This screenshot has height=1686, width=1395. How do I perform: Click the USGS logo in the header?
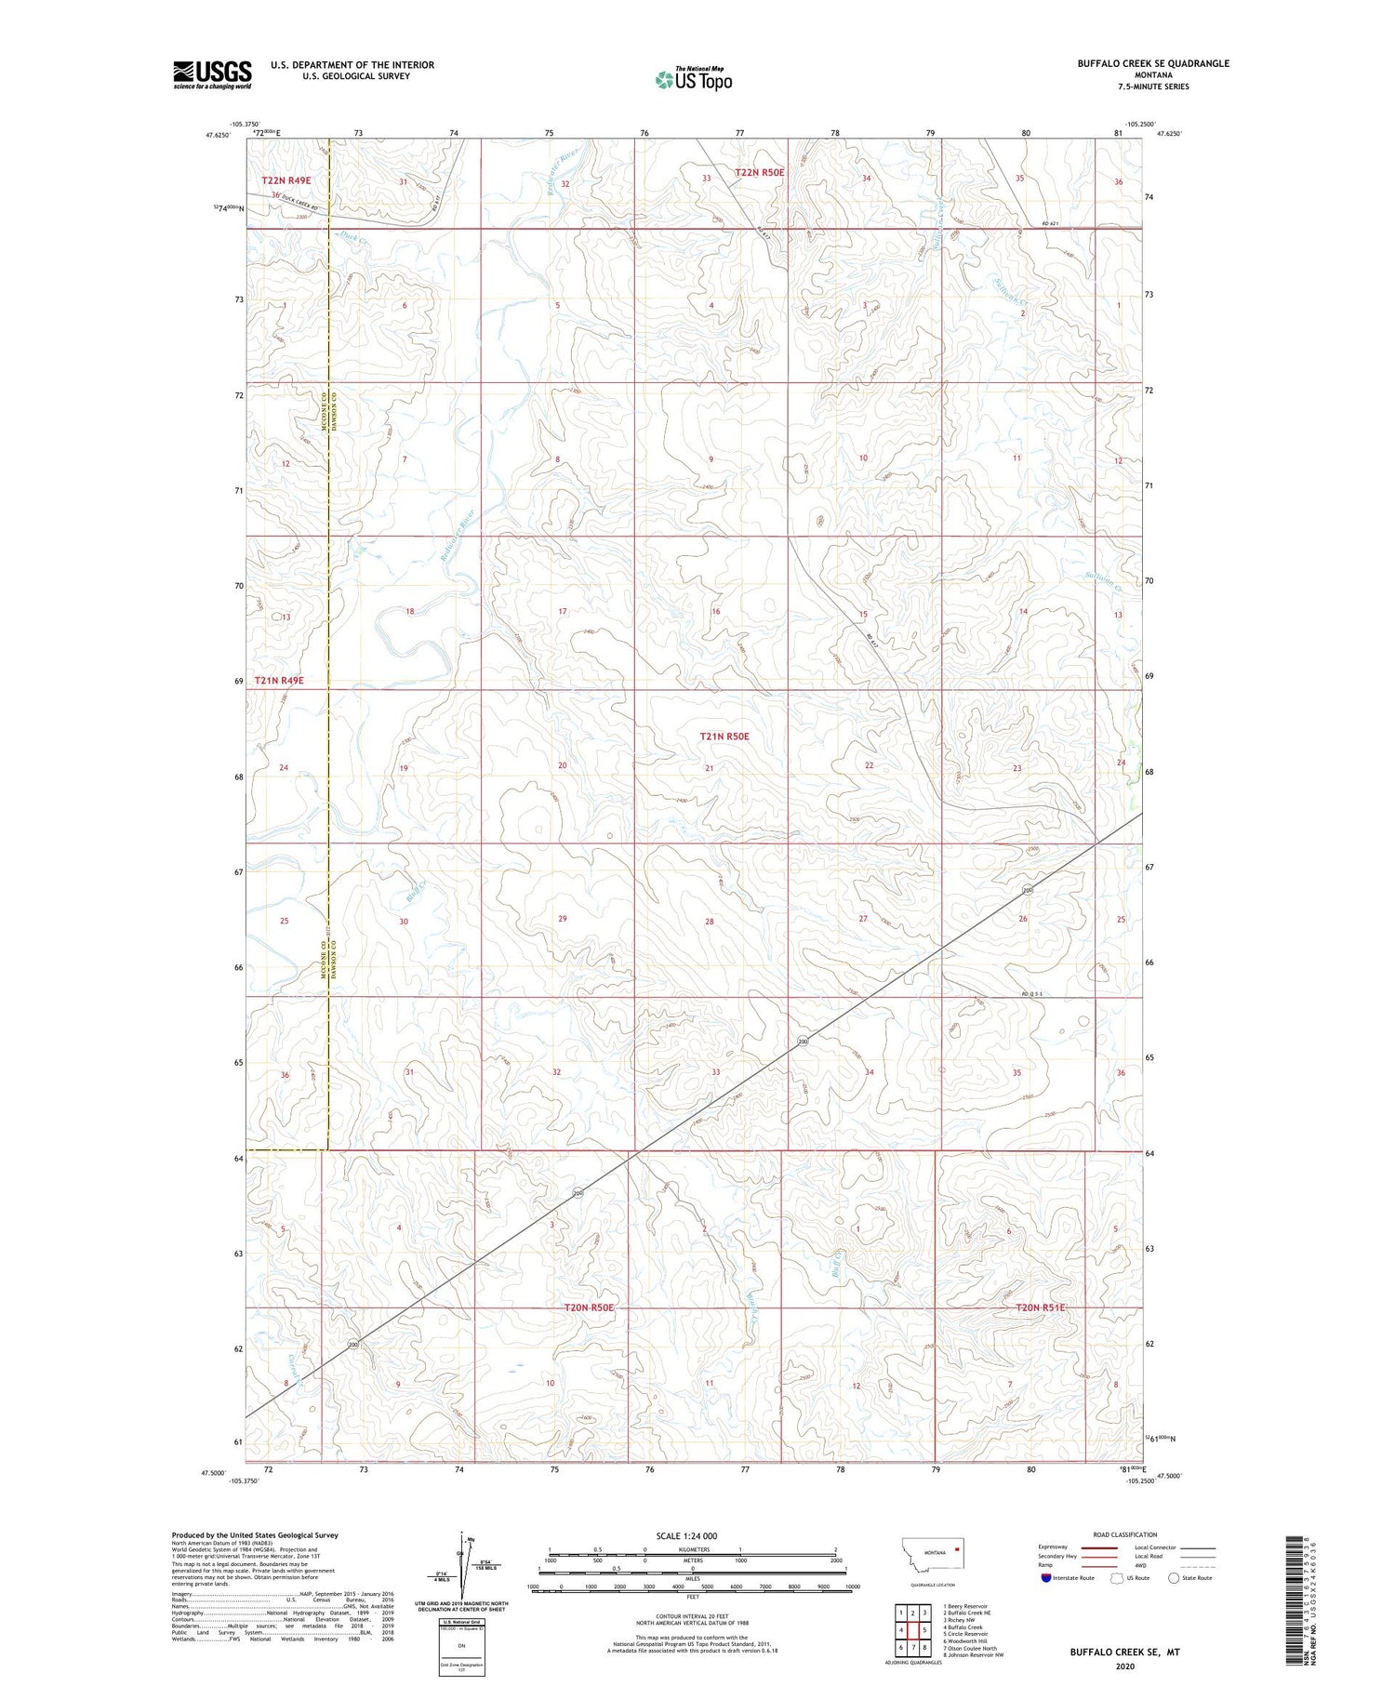(x=212, y=74)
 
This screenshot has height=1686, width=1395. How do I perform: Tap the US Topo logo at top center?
(x=693, y=80)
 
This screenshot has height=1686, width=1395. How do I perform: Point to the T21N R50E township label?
(x=724, y=737)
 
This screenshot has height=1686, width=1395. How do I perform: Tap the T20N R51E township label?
(x=1040, y=1308)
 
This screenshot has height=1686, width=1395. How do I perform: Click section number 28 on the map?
(x=709, y=922)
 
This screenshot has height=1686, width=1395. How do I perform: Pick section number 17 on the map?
(x=562, y=612)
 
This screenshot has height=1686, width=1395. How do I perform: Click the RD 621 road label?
(x=1051, y=224)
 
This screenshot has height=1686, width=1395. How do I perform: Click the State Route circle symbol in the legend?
(x=1174, y=1578)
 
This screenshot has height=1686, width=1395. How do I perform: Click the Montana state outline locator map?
(x=932, y=1552)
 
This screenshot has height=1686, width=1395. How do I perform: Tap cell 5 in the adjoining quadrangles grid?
(x=925, y=1630)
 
